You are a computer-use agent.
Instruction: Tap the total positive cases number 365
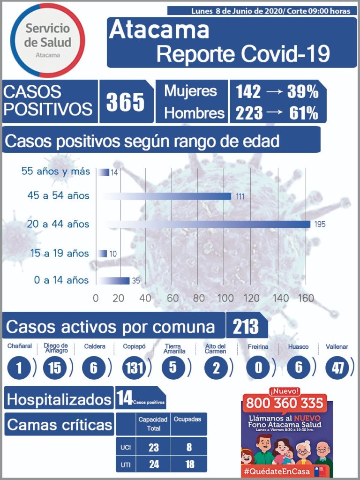(x=125, y=102)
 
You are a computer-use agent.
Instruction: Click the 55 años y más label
(x=56, y=172)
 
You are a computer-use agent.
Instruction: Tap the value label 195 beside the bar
(x=320, y=225)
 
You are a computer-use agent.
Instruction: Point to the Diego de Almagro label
(x=56, y=348)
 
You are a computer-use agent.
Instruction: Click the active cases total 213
(x=246, y=327)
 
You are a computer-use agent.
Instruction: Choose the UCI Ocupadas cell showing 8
(x=189, y=447)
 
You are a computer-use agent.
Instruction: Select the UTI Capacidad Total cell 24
(x=153, y=464)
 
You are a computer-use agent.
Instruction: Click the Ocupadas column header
(x=187, y=419)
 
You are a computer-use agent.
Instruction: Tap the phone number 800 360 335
(x=285, y=402)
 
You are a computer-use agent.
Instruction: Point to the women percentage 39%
(x=304, y=92)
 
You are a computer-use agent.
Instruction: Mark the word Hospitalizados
(x=59, y=399)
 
